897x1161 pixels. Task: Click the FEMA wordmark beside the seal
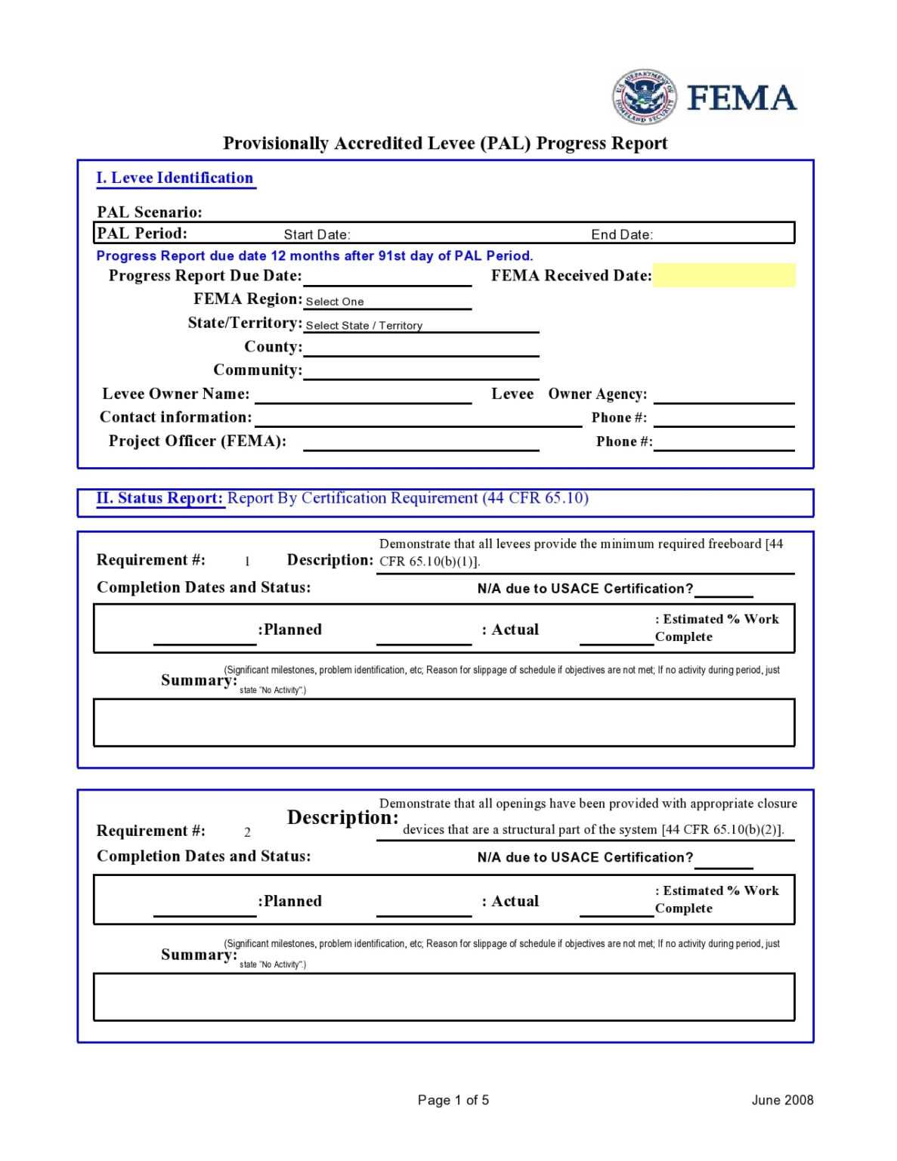[741, 98]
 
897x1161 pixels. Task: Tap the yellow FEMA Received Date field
[723, 275]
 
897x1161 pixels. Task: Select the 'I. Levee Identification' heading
[175, 178]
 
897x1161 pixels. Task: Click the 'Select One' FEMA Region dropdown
[387, 301]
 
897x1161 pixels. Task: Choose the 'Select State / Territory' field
[420, 325]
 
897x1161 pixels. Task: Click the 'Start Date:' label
[317, 234]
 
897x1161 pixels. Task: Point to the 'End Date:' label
[621, 234]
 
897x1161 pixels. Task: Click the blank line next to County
[420, 348]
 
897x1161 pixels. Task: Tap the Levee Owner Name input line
[363, 395]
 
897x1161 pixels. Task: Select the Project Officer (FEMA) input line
[420, 443]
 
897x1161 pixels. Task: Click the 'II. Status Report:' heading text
[159, 498]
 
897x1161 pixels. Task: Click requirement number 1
[247, 561]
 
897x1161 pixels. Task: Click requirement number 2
[247, 832]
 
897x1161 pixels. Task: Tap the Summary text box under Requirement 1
[444, 723]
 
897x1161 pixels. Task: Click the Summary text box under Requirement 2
[444, 997]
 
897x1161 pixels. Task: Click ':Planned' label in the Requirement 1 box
[290, 630]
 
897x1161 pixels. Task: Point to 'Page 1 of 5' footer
[453, 1100]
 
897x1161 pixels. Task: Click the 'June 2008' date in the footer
[781, 1100]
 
